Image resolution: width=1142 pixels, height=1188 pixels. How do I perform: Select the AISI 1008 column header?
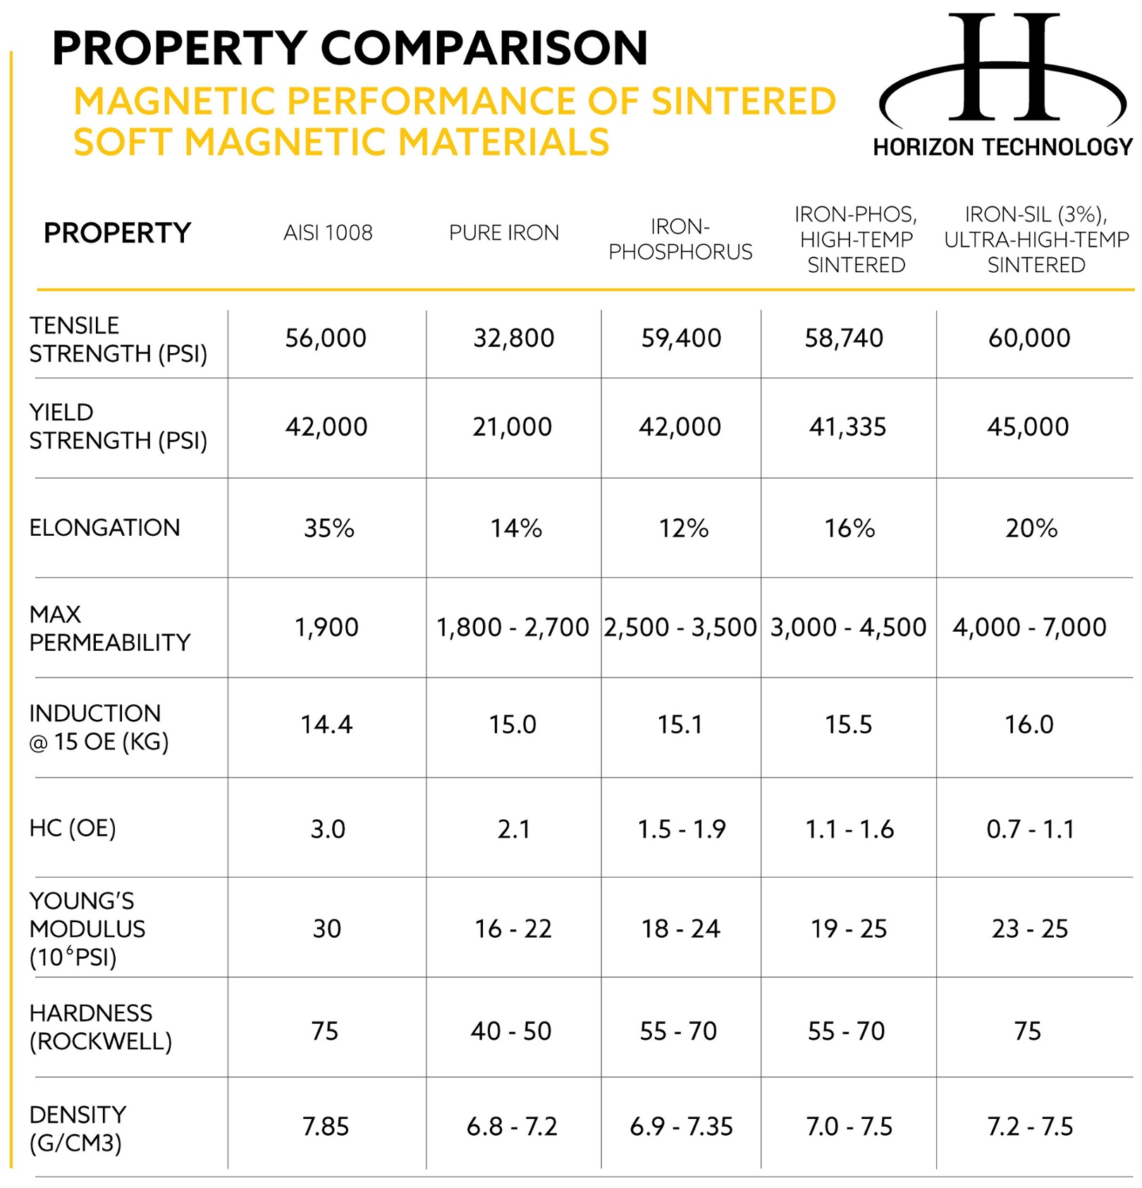328,233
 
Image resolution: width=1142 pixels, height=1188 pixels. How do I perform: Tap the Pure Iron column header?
504,233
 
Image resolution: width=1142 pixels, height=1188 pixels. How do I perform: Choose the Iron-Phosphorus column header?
680,239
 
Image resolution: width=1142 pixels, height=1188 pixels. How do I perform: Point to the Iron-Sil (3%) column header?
1036,239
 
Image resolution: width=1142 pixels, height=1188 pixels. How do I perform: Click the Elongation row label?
104,527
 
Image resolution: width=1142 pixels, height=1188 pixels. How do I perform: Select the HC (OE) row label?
73,828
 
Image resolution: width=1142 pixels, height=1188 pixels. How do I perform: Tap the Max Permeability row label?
110,627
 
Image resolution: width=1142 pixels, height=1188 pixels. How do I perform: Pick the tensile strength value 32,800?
514,338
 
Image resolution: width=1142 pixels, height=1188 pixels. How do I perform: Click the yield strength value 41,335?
847,427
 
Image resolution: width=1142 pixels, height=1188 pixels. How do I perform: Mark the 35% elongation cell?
329,528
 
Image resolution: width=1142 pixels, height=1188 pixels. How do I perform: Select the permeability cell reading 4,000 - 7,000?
1029,627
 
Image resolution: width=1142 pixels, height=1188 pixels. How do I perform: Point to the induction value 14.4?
326,724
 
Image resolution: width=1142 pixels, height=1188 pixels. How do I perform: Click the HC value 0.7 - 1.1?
1030,829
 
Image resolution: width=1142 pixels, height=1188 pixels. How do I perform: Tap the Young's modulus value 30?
327,929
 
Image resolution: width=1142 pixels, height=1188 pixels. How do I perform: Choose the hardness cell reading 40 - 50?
511,1031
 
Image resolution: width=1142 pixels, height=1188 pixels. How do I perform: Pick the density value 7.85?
326,1127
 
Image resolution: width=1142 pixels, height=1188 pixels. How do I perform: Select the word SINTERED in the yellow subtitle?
744,101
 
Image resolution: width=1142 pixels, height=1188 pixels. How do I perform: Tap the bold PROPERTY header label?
117,233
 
